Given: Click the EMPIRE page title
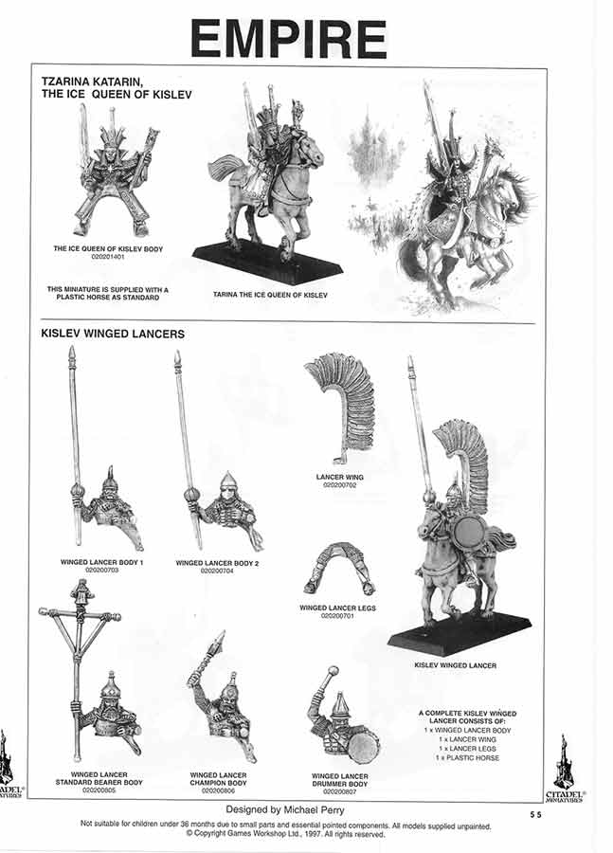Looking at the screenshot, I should tap(288, 39).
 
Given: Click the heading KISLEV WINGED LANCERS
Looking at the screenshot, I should tap(112, 335).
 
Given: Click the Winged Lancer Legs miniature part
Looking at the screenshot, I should tap(337, 568).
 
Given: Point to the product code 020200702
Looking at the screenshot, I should tap(338, 484).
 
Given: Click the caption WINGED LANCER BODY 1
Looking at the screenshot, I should tap(101, 563).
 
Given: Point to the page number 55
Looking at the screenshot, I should tap(537, 814).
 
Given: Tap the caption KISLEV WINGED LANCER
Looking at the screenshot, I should tap(456, 665).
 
